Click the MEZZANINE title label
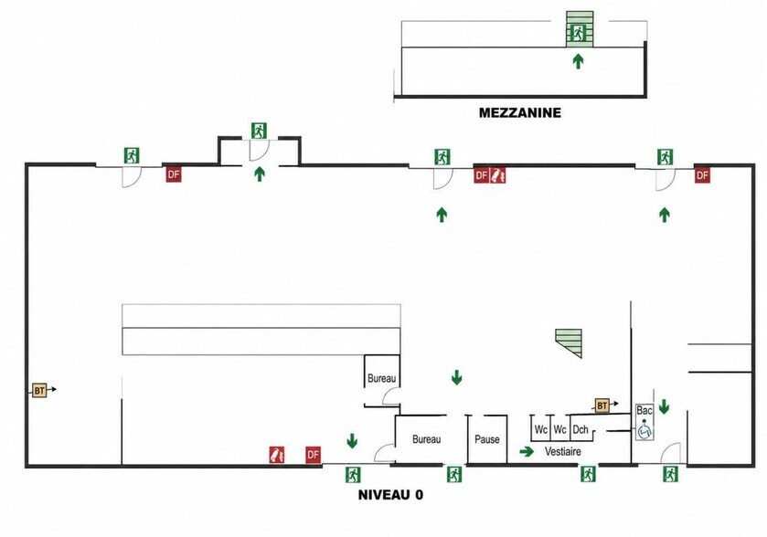pos(519,113)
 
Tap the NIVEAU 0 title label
pos(391,494)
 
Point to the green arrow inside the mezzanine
pos(578,61)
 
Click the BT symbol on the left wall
pos(39,390)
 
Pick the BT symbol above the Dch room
pos(602,405)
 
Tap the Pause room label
pos(487,439)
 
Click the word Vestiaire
pos(563,451)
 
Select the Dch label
pos(581,429)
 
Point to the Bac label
pos(644,410)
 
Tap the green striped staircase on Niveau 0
pos(569,343)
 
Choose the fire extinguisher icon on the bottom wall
pos(277,455)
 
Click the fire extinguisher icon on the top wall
pos(498,175)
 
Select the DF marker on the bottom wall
pos(313,455)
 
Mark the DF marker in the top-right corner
pos(702,175)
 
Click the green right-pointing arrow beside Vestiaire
pos(527,451)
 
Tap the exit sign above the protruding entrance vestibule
pos(260,131)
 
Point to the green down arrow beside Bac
pos(664,406)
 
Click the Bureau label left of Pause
pos(427,439)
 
